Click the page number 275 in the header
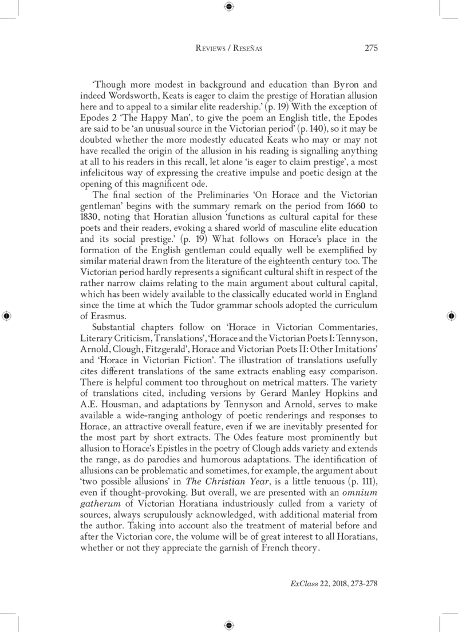(370, 48)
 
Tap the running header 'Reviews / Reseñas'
(229, 49)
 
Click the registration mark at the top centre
(229, 7)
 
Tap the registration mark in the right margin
(451, 316)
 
